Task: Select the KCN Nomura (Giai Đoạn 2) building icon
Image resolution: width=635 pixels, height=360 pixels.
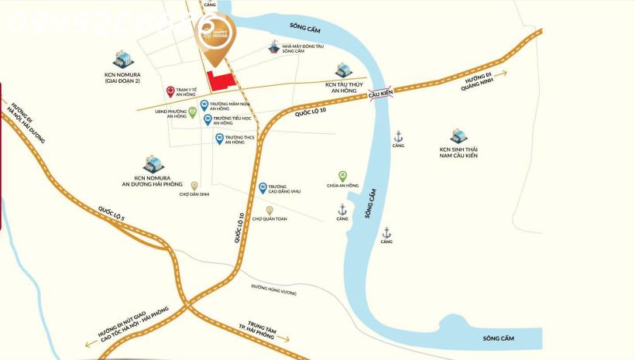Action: [122, 58]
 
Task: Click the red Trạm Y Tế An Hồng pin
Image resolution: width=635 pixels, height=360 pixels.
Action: [170, 91]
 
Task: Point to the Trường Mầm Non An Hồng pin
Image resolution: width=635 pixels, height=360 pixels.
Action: [204, 105]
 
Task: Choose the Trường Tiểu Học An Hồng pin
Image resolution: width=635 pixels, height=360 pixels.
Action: [208, 119]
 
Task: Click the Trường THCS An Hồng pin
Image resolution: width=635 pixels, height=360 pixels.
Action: [219, 139]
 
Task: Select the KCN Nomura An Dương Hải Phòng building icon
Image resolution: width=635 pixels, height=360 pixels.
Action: [151, 163]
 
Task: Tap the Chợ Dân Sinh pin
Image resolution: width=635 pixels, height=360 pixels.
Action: [194, 186]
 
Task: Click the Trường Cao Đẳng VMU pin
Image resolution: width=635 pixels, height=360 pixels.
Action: [263, 187]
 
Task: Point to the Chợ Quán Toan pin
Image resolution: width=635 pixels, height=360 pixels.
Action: [269, 211]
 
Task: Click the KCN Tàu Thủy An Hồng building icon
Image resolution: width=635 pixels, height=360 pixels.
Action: [344, 70]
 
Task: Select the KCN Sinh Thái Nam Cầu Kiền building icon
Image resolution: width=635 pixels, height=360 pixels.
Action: [458, 136]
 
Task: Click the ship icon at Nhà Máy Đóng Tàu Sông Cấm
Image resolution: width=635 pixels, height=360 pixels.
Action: [273, 46]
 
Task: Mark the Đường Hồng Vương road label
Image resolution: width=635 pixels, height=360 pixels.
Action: [273, 286]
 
